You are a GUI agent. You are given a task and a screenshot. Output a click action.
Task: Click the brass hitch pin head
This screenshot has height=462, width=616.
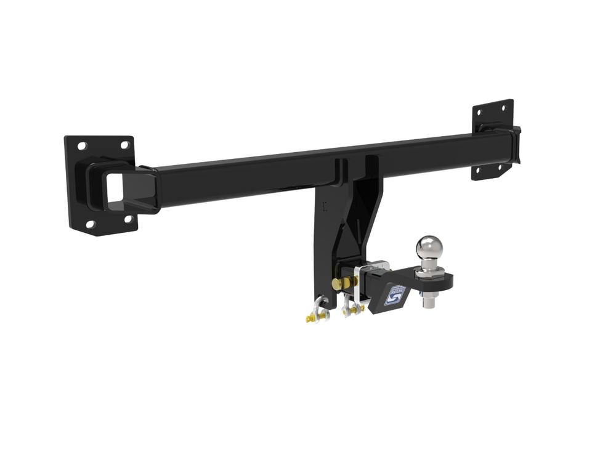pos(338,284)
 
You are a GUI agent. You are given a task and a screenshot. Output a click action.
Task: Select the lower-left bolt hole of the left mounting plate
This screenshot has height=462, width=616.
pos(91,224)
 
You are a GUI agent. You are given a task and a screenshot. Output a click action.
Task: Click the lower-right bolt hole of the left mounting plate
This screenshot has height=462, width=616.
pos(128,219)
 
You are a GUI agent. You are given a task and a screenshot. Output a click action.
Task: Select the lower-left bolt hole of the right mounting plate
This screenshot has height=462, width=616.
pos(478,171)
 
